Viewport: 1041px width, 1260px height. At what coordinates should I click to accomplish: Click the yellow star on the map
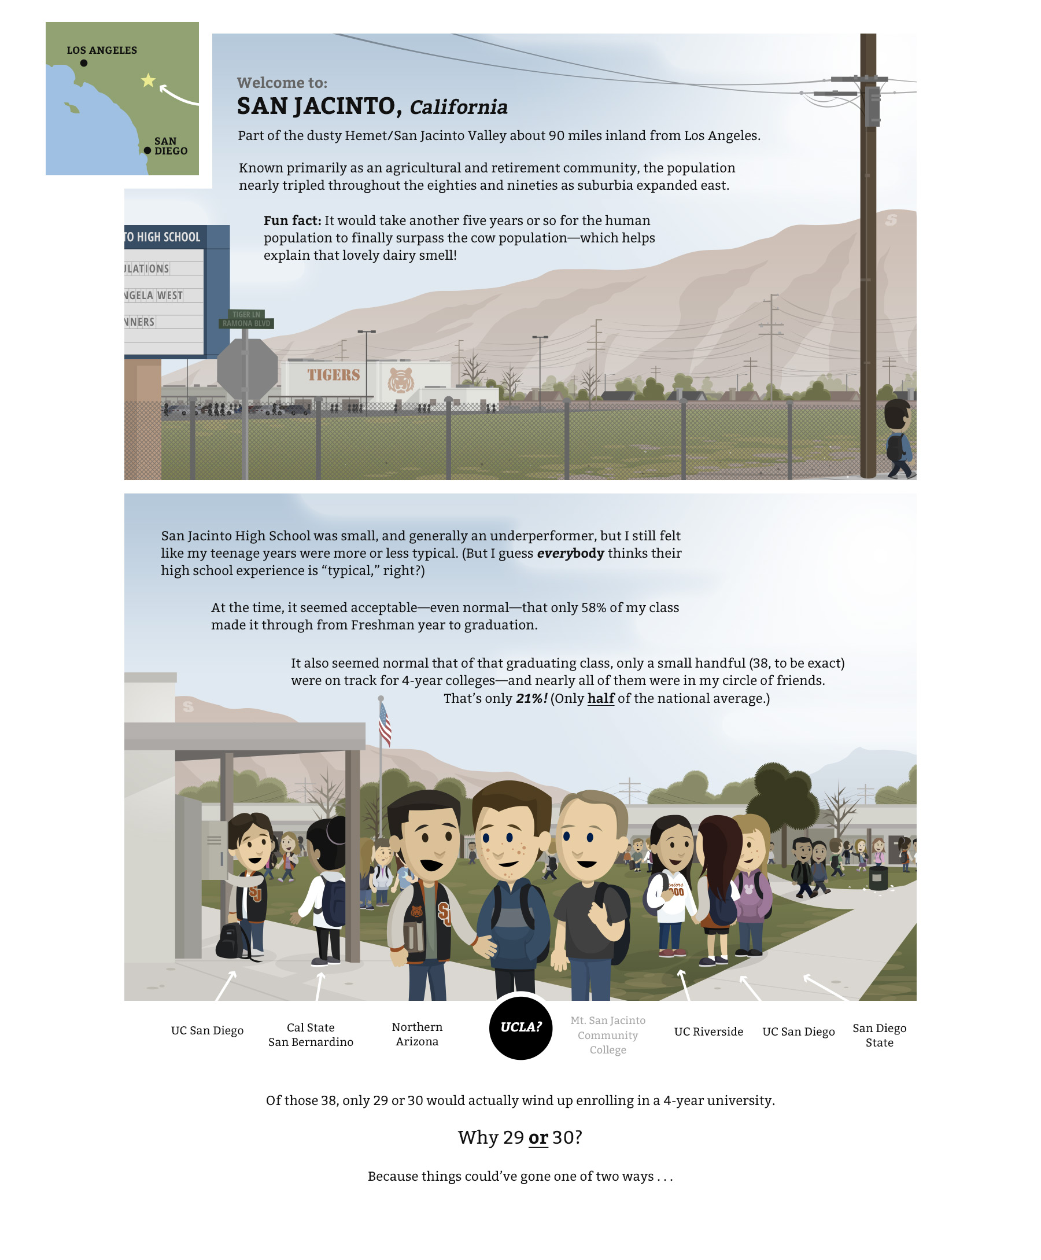[x=148, y=80]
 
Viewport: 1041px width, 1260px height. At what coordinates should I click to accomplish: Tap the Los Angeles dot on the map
[x=84, y=63]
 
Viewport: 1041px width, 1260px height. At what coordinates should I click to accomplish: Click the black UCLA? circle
[x=520, y=1027]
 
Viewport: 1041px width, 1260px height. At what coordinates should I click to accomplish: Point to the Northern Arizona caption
[x=417, y=1033]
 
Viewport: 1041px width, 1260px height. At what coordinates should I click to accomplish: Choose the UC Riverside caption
[x=708, y=1031]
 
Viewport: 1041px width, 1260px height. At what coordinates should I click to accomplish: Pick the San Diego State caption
[x=879, y=1035]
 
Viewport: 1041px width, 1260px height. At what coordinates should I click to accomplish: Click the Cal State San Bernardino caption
[x=311, y=1034]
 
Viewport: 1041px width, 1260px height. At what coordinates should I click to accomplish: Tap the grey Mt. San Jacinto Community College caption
[x=607, y=1034]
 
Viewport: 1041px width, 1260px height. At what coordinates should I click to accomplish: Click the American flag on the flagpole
[x=385, y=724]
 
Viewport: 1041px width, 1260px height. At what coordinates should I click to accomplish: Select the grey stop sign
[x=247, y=369]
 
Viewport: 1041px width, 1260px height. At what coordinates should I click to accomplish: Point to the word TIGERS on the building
[x=333, y=375]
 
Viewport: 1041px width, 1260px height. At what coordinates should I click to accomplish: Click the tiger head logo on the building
[x=401, y=379]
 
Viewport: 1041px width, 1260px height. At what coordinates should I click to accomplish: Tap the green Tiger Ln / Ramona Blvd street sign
[x=246, y=319]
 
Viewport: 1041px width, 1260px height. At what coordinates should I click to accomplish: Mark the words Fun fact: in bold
[x=292, y=220]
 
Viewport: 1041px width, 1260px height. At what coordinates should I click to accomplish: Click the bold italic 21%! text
[x=531, y=698]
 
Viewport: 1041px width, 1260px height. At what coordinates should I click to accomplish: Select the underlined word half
[x=600, y=698]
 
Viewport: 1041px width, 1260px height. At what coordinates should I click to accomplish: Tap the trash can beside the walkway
[x=878, y=878]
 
